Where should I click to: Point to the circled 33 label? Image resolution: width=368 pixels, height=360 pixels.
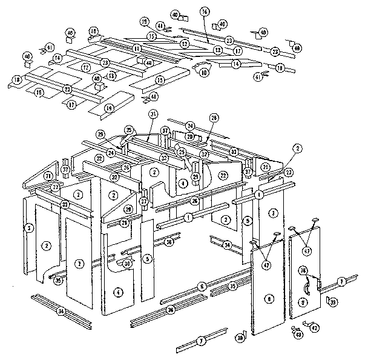point(234,152)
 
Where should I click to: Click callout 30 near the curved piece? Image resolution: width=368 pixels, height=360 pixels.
point(126,264)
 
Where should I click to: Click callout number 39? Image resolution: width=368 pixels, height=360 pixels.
point(334,302)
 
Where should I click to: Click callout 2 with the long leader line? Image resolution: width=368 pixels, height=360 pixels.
point(297,147)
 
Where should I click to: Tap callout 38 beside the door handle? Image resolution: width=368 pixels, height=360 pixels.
point(303,271)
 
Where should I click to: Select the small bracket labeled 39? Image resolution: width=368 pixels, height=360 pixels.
point(327,299)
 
